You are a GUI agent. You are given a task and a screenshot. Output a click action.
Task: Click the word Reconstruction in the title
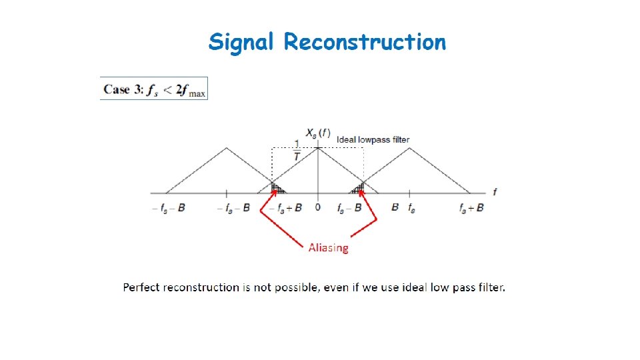coord(365,43)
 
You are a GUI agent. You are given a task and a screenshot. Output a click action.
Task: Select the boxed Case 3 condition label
coord(154,89)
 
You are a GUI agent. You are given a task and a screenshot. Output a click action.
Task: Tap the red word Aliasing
coord(328,248)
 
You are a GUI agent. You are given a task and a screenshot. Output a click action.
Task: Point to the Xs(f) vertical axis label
coord(318,133)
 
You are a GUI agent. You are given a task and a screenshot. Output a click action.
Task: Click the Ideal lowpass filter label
coord(373,139)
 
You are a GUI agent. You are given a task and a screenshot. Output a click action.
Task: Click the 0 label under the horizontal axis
coord(317,207)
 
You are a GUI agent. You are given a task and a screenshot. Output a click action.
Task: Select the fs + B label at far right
coord(471,208)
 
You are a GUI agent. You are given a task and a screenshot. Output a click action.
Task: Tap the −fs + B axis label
coord(285,208)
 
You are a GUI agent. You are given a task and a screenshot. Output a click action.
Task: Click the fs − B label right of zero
coord(349,208)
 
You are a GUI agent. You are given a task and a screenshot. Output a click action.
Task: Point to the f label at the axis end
coord(494,192)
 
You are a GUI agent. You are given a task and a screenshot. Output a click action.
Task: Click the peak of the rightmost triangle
coord(408,148)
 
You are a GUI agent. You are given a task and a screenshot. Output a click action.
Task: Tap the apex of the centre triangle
coord(318,148)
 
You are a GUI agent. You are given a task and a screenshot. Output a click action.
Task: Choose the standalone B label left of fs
coord(395,207)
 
